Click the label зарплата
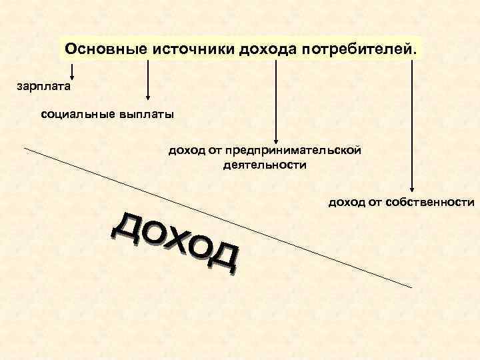43,85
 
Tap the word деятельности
265,164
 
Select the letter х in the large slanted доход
177,243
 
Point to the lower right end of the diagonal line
411,287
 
